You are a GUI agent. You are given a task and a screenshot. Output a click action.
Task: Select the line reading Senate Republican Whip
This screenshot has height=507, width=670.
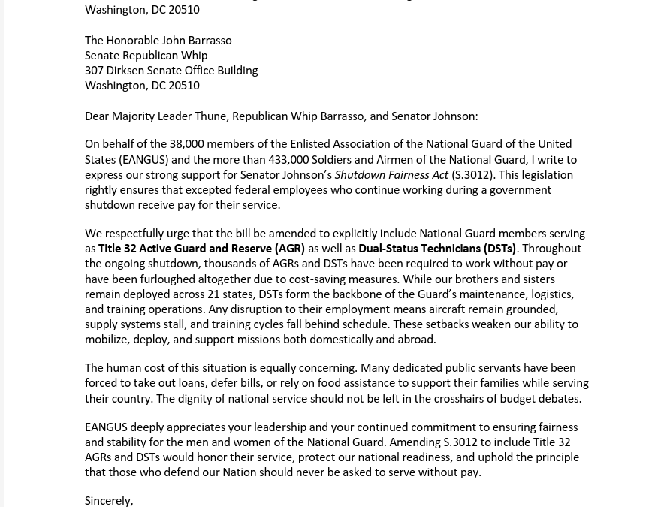pos(146,56)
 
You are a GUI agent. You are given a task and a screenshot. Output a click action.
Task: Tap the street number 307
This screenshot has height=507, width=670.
pos(94,71)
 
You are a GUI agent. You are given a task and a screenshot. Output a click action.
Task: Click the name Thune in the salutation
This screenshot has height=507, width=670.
pos(210,116)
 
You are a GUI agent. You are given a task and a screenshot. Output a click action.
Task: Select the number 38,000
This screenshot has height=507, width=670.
pos(186,144)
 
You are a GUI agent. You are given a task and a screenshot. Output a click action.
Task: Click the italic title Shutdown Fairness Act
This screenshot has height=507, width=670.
pos(391,175)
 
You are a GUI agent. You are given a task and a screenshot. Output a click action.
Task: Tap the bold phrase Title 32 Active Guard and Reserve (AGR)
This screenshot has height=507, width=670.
pos(201,249)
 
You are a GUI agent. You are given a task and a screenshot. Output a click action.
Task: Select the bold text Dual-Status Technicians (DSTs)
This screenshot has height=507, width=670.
pos(437,249)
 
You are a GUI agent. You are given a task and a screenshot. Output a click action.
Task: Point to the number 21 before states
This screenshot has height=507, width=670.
pos(213,294)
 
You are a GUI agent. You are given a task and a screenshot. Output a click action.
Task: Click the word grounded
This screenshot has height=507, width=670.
pos(533,309)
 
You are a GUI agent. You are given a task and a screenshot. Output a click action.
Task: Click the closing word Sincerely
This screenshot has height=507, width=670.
pos(108,501)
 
